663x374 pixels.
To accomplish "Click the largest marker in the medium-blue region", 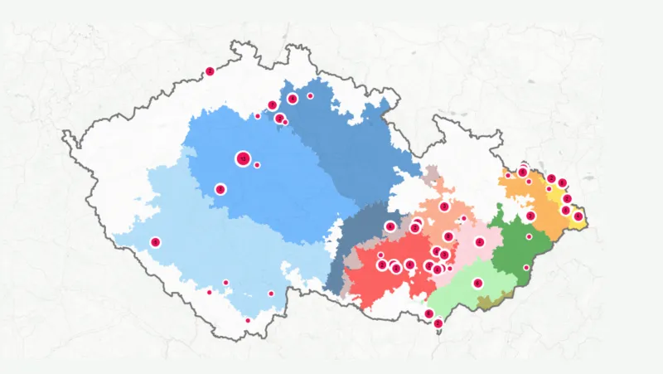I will click(243, 158).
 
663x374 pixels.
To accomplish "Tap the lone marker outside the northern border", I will click(210, 71).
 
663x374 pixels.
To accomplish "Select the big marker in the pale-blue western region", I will click(155, 242).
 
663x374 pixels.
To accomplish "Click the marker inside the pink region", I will click(479, 242).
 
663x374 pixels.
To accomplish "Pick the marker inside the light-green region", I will click(478, 283).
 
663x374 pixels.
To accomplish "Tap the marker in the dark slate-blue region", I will click(390, 226).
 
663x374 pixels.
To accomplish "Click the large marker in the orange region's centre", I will click(530, 216).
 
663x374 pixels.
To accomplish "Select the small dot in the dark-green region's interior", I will click(529, 236).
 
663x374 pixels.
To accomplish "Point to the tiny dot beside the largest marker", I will click(257, 165).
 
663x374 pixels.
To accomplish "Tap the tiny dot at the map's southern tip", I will click(248, 320).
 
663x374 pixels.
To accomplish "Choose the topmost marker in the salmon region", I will click(444, 206).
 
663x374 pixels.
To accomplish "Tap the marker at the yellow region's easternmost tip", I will click(578, 216).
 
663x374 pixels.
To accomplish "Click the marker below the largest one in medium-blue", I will click(220, 189).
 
